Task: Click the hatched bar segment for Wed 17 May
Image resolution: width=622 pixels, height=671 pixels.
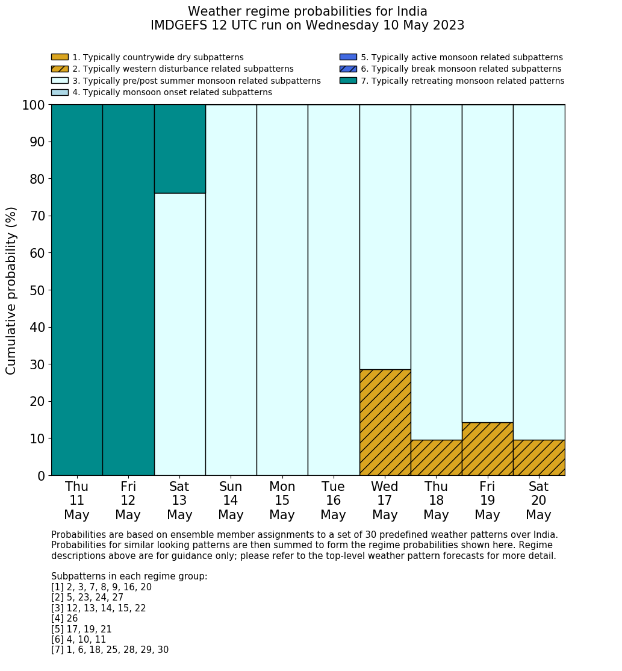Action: coord(385,422)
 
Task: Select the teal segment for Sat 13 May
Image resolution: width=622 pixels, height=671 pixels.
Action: coord(179,149)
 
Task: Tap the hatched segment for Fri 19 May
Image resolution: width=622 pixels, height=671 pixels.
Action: coord(487,449)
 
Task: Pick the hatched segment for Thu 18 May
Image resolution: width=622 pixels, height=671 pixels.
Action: coord(436,458)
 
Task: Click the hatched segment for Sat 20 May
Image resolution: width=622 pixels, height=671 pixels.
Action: coord(539,458)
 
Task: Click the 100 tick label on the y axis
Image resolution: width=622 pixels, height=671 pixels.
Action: coord(33,105)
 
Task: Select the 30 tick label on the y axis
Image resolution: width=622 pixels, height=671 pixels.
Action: coord(37,364)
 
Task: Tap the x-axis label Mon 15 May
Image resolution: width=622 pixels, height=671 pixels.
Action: coord(282,501)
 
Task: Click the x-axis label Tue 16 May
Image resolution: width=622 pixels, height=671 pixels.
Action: coord(333,501)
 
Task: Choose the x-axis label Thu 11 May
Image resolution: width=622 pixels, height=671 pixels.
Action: coord(76,501)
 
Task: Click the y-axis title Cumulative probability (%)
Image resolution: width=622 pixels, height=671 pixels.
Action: coord(11,290)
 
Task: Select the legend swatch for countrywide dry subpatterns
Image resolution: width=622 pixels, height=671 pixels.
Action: coord(60,57)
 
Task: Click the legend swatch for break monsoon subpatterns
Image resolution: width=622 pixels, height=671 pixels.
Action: coord(348,69)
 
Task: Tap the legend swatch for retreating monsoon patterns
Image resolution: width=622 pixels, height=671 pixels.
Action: coord(348,80)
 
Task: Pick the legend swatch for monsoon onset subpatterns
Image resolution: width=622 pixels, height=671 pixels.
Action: coord(60,92)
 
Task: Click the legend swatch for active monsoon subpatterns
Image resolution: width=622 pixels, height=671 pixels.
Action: coord(348,57)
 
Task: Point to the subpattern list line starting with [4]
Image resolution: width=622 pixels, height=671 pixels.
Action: coord(64,619)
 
